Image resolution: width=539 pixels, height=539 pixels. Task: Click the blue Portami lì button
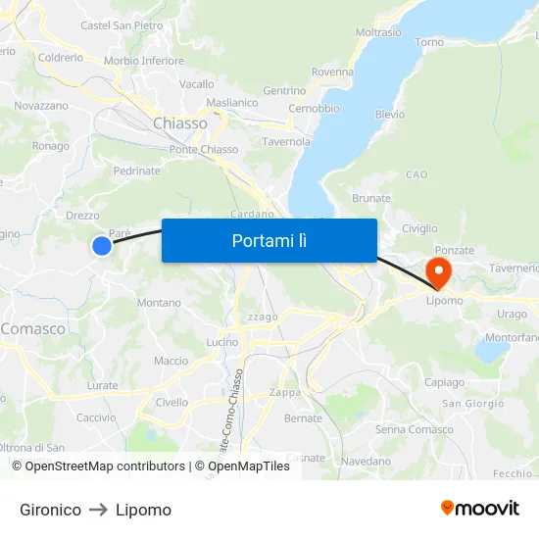pyautogui.click(x=269, y=240)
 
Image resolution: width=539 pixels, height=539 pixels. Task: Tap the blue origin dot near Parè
pyautogui.click(x=102, y=246)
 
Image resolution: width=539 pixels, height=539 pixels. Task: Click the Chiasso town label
pyautogui.click(x=180, y=123)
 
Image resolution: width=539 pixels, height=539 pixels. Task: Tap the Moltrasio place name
pyautogui.click(x=378, y=32)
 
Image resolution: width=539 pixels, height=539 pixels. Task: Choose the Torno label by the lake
pyautogui.click(x=429, y=42)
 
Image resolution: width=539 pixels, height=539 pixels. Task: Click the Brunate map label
pyautogui.click(x=371, y=198)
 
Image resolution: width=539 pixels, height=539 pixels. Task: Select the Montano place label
pyautogui.click(x=159, y=303)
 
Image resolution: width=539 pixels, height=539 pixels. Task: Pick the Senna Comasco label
pyautogui.click(x=414, y=429)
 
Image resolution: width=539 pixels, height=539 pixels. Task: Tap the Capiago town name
pyautogui.click(x=445, y=382)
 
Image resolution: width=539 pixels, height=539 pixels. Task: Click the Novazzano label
pyautogui.click(x=41, y=105)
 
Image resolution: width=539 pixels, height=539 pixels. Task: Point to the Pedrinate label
pyautogui.click(x=136, y=171)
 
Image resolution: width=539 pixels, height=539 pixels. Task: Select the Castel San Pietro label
pyautogui.click(x=122, y=25)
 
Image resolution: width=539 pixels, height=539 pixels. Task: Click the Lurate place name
pyautogui.click(x=102, y=386)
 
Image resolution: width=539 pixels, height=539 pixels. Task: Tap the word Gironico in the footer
pyautogui.click(x=50, y=510)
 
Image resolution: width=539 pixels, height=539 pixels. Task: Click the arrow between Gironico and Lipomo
pyautogui.click(x=98, y=510)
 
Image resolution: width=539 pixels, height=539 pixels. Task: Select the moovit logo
pyautogui.click(x=479, y=508)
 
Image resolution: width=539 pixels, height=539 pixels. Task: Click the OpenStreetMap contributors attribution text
pyautogui.click(x=98, y=466)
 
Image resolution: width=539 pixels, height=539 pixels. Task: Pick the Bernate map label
pyautogui.click(x=303, y=417)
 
